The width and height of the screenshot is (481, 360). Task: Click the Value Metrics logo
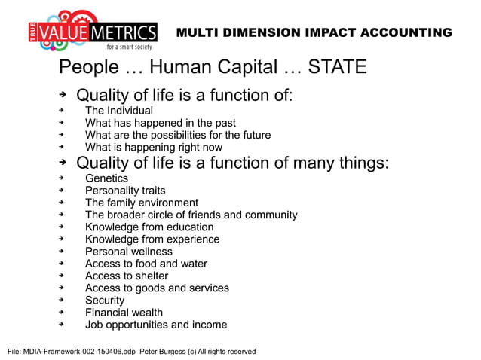(95, 31)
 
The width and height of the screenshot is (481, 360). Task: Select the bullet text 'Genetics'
(106, 178)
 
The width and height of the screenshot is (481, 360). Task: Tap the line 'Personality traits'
(125, 191)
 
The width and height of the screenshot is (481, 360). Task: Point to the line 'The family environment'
(142, 203)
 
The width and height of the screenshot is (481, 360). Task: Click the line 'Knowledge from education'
(149, 227)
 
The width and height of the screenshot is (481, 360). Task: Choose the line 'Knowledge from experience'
(152, 239)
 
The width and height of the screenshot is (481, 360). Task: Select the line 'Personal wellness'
(129, 252)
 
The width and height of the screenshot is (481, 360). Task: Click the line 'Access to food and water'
(146, 264)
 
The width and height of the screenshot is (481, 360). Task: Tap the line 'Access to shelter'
(127, 276)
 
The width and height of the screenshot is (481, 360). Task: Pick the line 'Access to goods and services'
(157, 288)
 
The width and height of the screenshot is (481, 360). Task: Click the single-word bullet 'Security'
(105, 300)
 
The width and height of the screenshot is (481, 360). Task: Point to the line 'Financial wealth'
(124, 312)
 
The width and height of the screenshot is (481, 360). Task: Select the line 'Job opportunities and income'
(156, 325)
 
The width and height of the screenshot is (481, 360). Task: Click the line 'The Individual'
(119, 111)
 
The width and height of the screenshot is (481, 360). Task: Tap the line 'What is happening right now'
(154, 147)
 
